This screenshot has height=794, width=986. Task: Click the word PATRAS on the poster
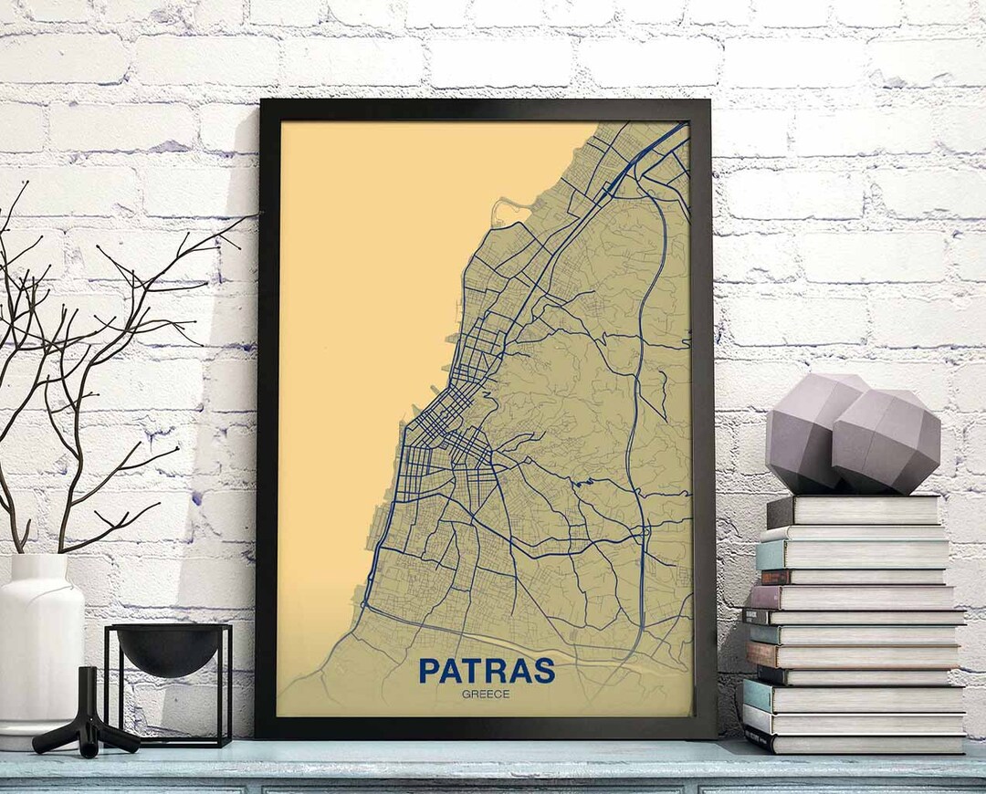[486, 670]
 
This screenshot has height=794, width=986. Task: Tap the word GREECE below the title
[486, 695]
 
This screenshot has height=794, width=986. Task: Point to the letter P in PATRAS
[429, 670]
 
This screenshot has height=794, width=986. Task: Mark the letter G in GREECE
[466, 695]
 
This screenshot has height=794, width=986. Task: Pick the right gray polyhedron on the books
[886, 443]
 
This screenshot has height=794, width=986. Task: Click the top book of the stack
[854, 510]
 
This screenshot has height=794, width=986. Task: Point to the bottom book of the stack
[854, 741]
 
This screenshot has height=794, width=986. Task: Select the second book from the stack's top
[854, 533]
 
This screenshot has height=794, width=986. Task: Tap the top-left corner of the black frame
[262, 102]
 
